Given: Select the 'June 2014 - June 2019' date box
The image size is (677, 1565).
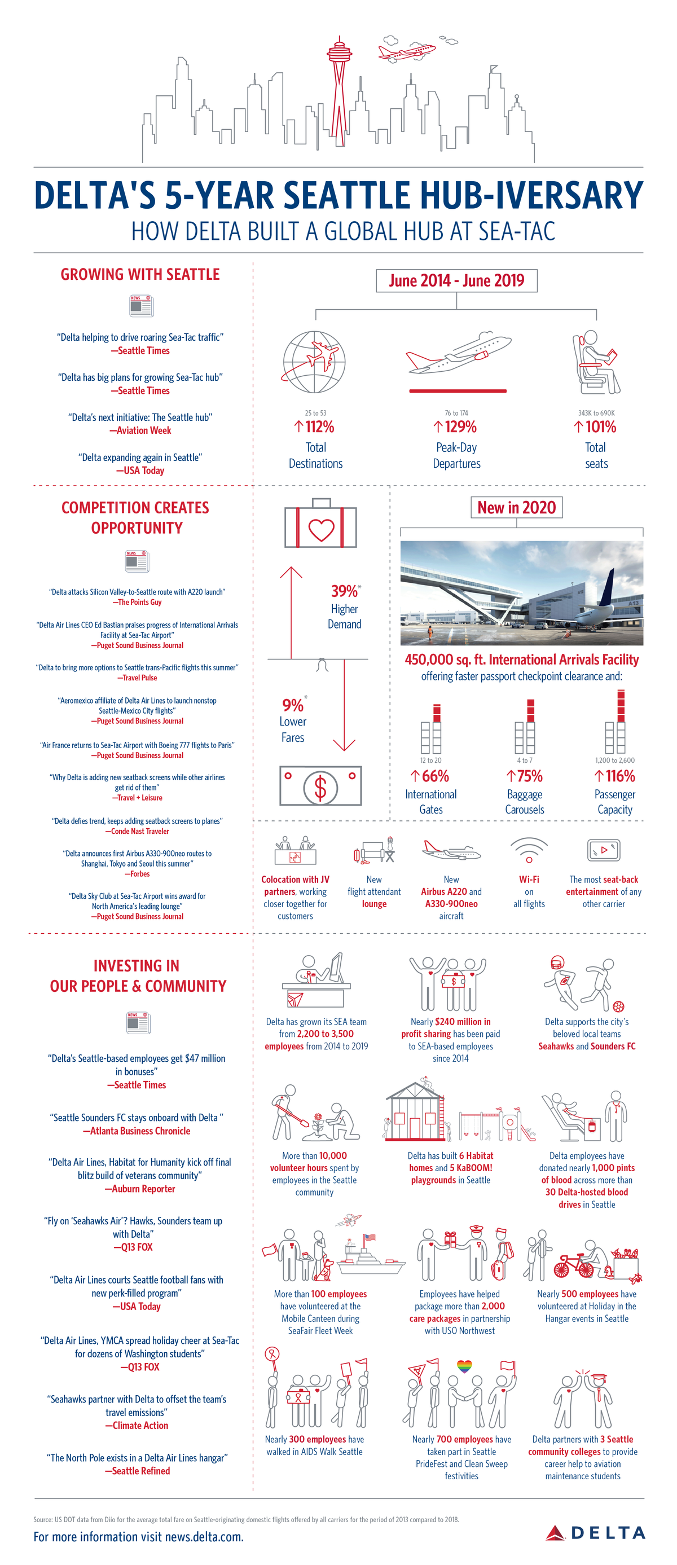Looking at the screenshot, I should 456,281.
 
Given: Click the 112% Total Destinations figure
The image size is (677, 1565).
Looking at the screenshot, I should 315,427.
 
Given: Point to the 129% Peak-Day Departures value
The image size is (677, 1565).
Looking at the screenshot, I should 456,427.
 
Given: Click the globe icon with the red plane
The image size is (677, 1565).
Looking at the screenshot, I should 314,362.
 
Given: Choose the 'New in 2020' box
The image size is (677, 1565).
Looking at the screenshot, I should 517,507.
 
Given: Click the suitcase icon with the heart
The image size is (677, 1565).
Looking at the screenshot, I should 321,525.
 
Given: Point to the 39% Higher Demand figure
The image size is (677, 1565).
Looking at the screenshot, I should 345,592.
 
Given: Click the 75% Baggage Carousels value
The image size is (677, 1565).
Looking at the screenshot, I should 525,776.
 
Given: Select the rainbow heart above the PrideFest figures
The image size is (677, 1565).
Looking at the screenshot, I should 464,1366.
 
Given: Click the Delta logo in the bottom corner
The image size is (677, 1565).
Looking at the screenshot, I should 596,1533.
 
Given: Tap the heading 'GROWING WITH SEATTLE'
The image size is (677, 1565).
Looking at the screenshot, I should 140,275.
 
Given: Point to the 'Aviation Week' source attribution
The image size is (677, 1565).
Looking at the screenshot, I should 140,430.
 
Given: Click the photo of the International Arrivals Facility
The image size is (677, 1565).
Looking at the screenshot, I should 521,592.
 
